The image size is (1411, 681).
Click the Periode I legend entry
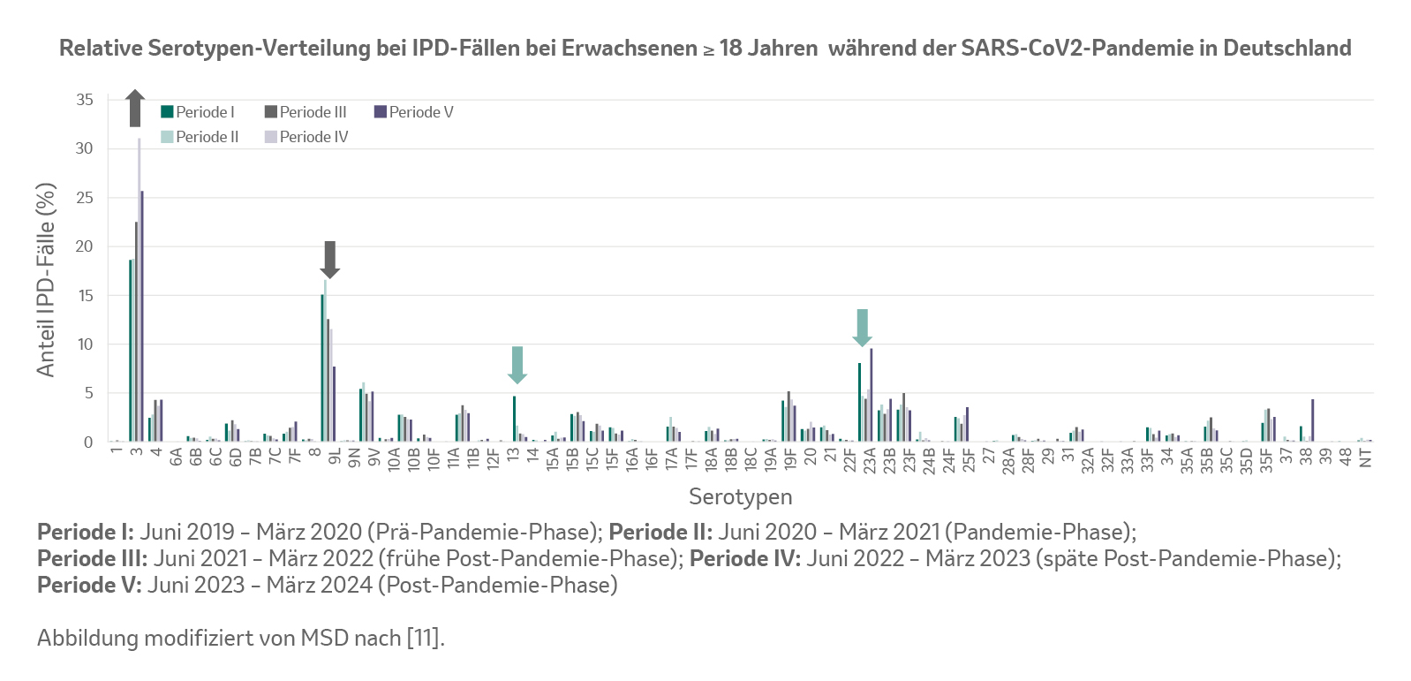pyautogui.click(x=198, y=112)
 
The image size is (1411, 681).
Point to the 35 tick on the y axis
pyautogui.click(x=85, y=100)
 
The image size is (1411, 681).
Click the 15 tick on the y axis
pyautogui.click(x=85, y=296)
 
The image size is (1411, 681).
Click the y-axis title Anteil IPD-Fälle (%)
pyautogui.click(x=46, y=279)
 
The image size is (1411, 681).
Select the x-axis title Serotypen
pyautogui.click(x=740, y=496)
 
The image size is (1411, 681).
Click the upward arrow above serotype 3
pyautogui.click(x=135, y=108)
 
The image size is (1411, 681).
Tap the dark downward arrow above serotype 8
pyautogui.click(x=329, y=259)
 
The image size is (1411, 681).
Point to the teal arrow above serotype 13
pyautogui.click(x=517, y=364)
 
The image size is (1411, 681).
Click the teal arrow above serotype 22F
pyautogui.click(x=863, y=327)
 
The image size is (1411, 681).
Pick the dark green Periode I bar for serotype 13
pyautogui.click(x=514, y=419)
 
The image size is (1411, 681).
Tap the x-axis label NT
pyautogui.click(x=1365, y=458)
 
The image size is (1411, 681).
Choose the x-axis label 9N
pyautogui.click(x=354, y=458)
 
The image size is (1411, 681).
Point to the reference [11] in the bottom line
pyautogui.click(x=422, y=638)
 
